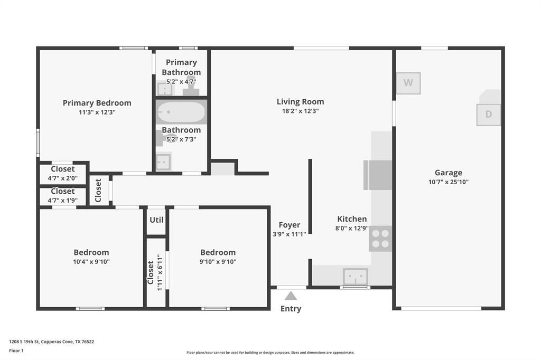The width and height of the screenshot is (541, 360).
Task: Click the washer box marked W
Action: pyautogui.click(x=408, y=83)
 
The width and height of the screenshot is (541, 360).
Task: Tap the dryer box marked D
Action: pyautogui.click(x=488, y=115)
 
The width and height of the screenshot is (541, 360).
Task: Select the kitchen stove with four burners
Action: pyautogui.click(x=380, y=239)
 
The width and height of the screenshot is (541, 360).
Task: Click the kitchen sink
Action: pyautogui.click(x=355, y=276)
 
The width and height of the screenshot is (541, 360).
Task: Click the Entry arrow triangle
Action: pyautogui.click(x=291, y=296)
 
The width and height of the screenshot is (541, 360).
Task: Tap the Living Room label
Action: pyautogui.click(x=300, y=102)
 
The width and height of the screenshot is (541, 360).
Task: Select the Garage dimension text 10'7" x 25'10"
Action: pyautogui.click(x=448, y=182)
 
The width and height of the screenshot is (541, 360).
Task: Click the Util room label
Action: pyautogui.click(x=156, y=220)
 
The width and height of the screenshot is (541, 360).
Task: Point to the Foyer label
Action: pyautogui.click(x=289, y=225)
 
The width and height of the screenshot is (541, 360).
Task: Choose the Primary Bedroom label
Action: pyautogui.click(x=97, y=103)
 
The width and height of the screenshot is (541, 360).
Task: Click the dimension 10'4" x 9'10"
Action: pyautogui.click(x=91, y=262)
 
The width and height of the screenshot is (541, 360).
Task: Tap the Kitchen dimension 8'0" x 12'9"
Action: pyautogui.click(x=352, y=229)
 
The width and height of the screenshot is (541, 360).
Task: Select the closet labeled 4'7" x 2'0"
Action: pyautogui.click(x=63, y=174)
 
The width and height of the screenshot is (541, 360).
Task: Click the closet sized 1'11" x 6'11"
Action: pyautogui.click(x=155, y=272)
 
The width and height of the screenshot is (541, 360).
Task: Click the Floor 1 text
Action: pyautogui.click(x=17, y=350)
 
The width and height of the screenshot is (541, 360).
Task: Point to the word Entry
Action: pyautogui.click(x=291, y=309)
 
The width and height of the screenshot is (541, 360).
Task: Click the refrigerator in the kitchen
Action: pyautogui.click(x=378, y=175)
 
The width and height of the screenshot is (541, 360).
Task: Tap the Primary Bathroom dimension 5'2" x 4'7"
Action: pyautogui.click(x=181, y=82)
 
